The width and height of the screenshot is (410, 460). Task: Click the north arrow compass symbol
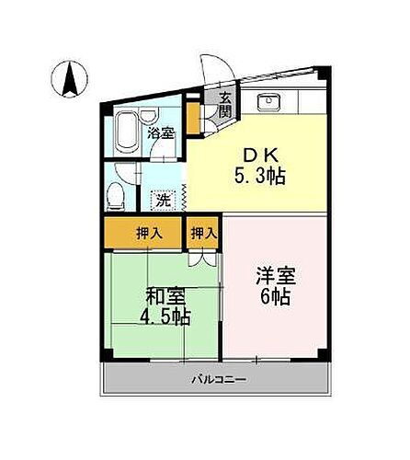(x=69, y=77)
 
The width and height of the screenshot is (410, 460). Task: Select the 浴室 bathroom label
(x=161, y=132)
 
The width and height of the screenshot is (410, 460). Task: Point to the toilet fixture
(x=115, y=196)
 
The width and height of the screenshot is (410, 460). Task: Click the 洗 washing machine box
(x=162, y=198)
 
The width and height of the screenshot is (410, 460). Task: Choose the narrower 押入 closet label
(x=204, y=234)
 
